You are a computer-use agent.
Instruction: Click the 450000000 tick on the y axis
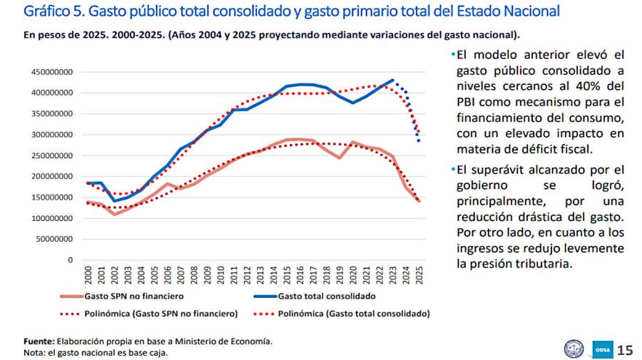pyautogui.click(x=51, y=71)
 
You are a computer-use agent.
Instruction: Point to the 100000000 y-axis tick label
pyautogui.click(x=51, y=218)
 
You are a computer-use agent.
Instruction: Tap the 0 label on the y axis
pyautogui.click(x=70, y=260)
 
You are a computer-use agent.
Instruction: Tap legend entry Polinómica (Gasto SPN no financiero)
pyautogui.click(x=160, y=313)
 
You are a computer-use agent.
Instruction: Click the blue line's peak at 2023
pyautogui.click(x=392, y=80)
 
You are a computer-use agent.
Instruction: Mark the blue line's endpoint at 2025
pyautogui.click(x=419, y=141)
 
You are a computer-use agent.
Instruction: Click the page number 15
pyautogui.click(x=625, y=349)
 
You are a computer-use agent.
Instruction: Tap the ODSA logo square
pyautogui.click(x=601, y=349)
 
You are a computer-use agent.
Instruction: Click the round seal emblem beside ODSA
pyautogui.click(x=574, y=349)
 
